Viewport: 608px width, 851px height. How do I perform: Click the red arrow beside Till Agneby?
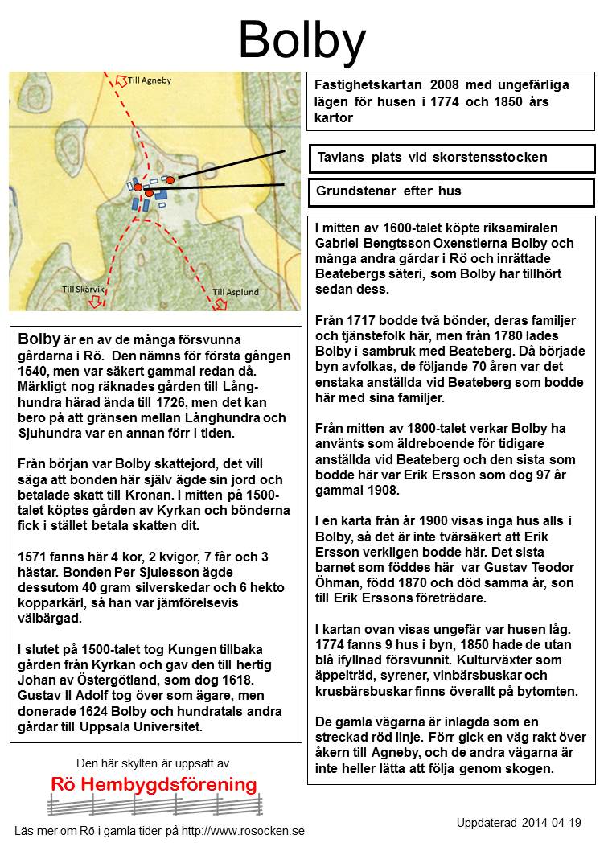[x=121, y=80]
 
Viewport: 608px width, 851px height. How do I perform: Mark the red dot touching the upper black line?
[x=170, y=180]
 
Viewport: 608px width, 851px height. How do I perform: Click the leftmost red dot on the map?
[x=138, y=187]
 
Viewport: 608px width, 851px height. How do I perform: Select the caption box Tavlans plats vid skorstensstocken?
[x=450, y=158]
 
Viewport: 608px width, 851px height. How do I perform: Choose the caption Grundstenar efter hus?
[x=450, y=192]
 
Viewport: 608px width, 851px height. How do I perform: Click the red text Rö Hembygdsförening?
[x=154, y=785]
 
